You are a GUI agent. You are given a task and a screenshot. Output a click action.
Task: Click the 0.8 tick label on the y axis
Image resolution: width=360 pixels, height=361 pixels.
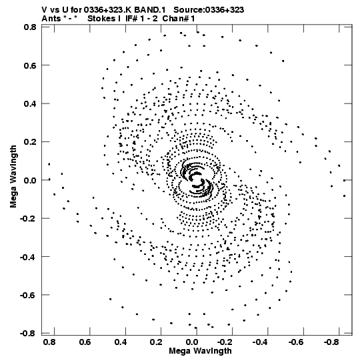pos(30,27)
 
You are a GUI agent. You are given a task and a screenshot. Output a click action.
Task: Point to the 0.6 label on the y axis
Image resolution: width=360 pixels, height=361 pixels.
pos(30,65)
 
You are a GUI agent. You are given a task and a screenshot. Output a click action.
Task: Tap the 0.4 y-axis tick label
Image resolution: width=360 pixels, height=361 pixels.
pos(30,104)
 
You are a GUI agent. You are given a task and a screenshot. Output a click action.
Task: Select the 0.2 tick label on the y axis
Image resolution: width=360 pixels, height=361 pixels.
pos(30,142)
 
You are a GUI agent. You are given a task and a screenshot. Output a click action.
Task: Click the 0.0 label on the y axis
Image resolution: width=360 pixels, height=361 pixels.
pos(30,180)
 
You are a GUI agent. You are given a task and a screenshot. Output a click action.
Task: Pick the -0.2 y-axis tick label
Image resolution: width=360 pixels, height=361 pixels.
pos(28,218)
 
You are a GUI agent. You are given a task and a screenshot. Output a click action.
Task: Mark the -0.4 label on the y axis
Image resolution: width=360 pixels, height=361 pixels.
pos(28,257)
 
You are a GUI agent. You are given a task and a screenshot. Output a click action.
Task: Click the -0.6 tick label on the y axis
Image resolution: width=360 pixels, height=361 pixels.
pos(28,295)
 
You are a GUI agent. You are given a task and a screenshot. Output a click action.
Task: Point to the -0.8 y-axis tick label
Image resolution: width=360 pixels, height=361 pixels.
pos(28,333)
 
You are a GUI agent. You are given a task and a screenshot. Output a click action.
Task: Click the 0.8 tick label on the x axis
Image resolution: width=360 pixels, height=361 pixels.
pos(49,342)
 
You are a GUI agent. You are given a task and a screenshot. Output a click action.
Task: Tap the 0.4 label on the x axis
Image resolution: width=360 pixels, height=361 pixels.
pos(121,342)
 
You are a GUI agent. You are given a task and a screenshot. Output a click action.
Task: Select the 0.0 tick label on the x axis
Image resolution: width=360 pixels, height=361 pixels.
pos(192,342)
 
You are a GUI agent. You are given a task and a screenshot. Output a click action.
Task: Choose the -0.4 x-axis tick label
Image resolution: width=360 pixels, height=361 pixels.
pos(261,342)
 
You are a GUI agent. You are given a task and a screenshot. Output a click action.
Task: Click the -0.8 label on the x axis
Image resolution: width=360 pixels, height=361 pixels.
pos(332,342)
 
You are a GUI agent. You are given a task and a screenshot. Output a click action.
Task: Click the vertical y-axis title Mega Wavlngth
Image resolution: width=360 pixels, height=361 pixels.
pos(13,177)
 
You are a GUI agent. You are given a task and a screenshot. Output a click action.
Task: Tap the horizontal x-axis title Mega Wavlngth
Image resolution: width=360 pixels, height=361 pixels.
pos(200,351)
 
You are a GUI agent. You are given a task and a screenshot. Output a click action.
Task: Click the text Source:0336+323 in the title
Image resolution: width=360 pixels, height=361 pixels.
pos(209,10)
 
